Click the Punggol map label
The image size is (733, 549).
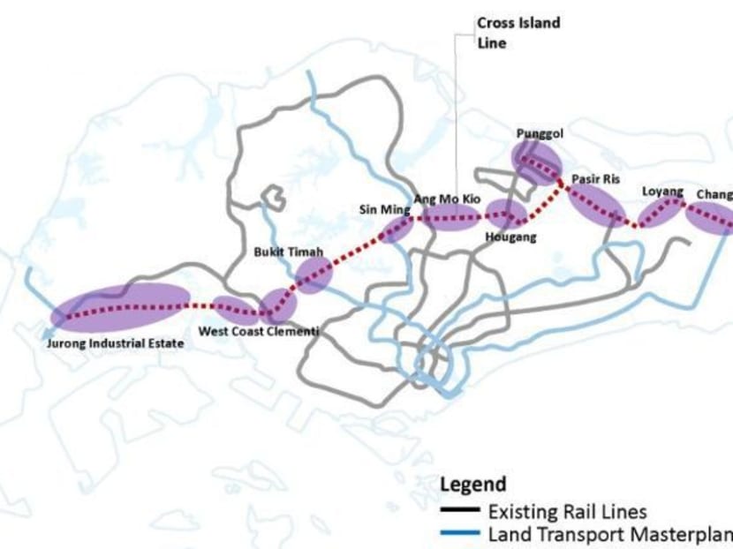coord(540,133)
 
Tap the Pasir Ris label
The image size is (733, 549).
coord(592,179)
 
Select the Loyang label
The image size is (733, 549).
coord(662,190)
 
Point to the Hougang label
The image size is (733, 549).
coord(510,237)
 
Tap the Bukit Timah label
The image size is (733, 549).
coord(289,252)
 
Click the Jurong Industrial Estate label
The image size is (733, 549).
coord(116,343)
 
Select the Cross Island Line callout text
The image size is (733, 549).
coord(518,32)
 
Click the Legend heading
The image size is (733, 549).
coord(473,484)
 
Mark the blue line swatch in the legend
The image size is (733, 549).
coord(457,534)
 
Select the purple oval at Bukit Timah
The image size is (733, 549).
coord(313,274)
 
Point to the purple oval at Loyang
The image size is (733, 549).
coord(661,213)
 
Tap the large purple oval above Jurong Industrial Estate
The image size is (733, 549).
coord(121,305)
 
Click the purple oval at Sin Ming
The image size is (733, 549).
coord(397,228)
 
